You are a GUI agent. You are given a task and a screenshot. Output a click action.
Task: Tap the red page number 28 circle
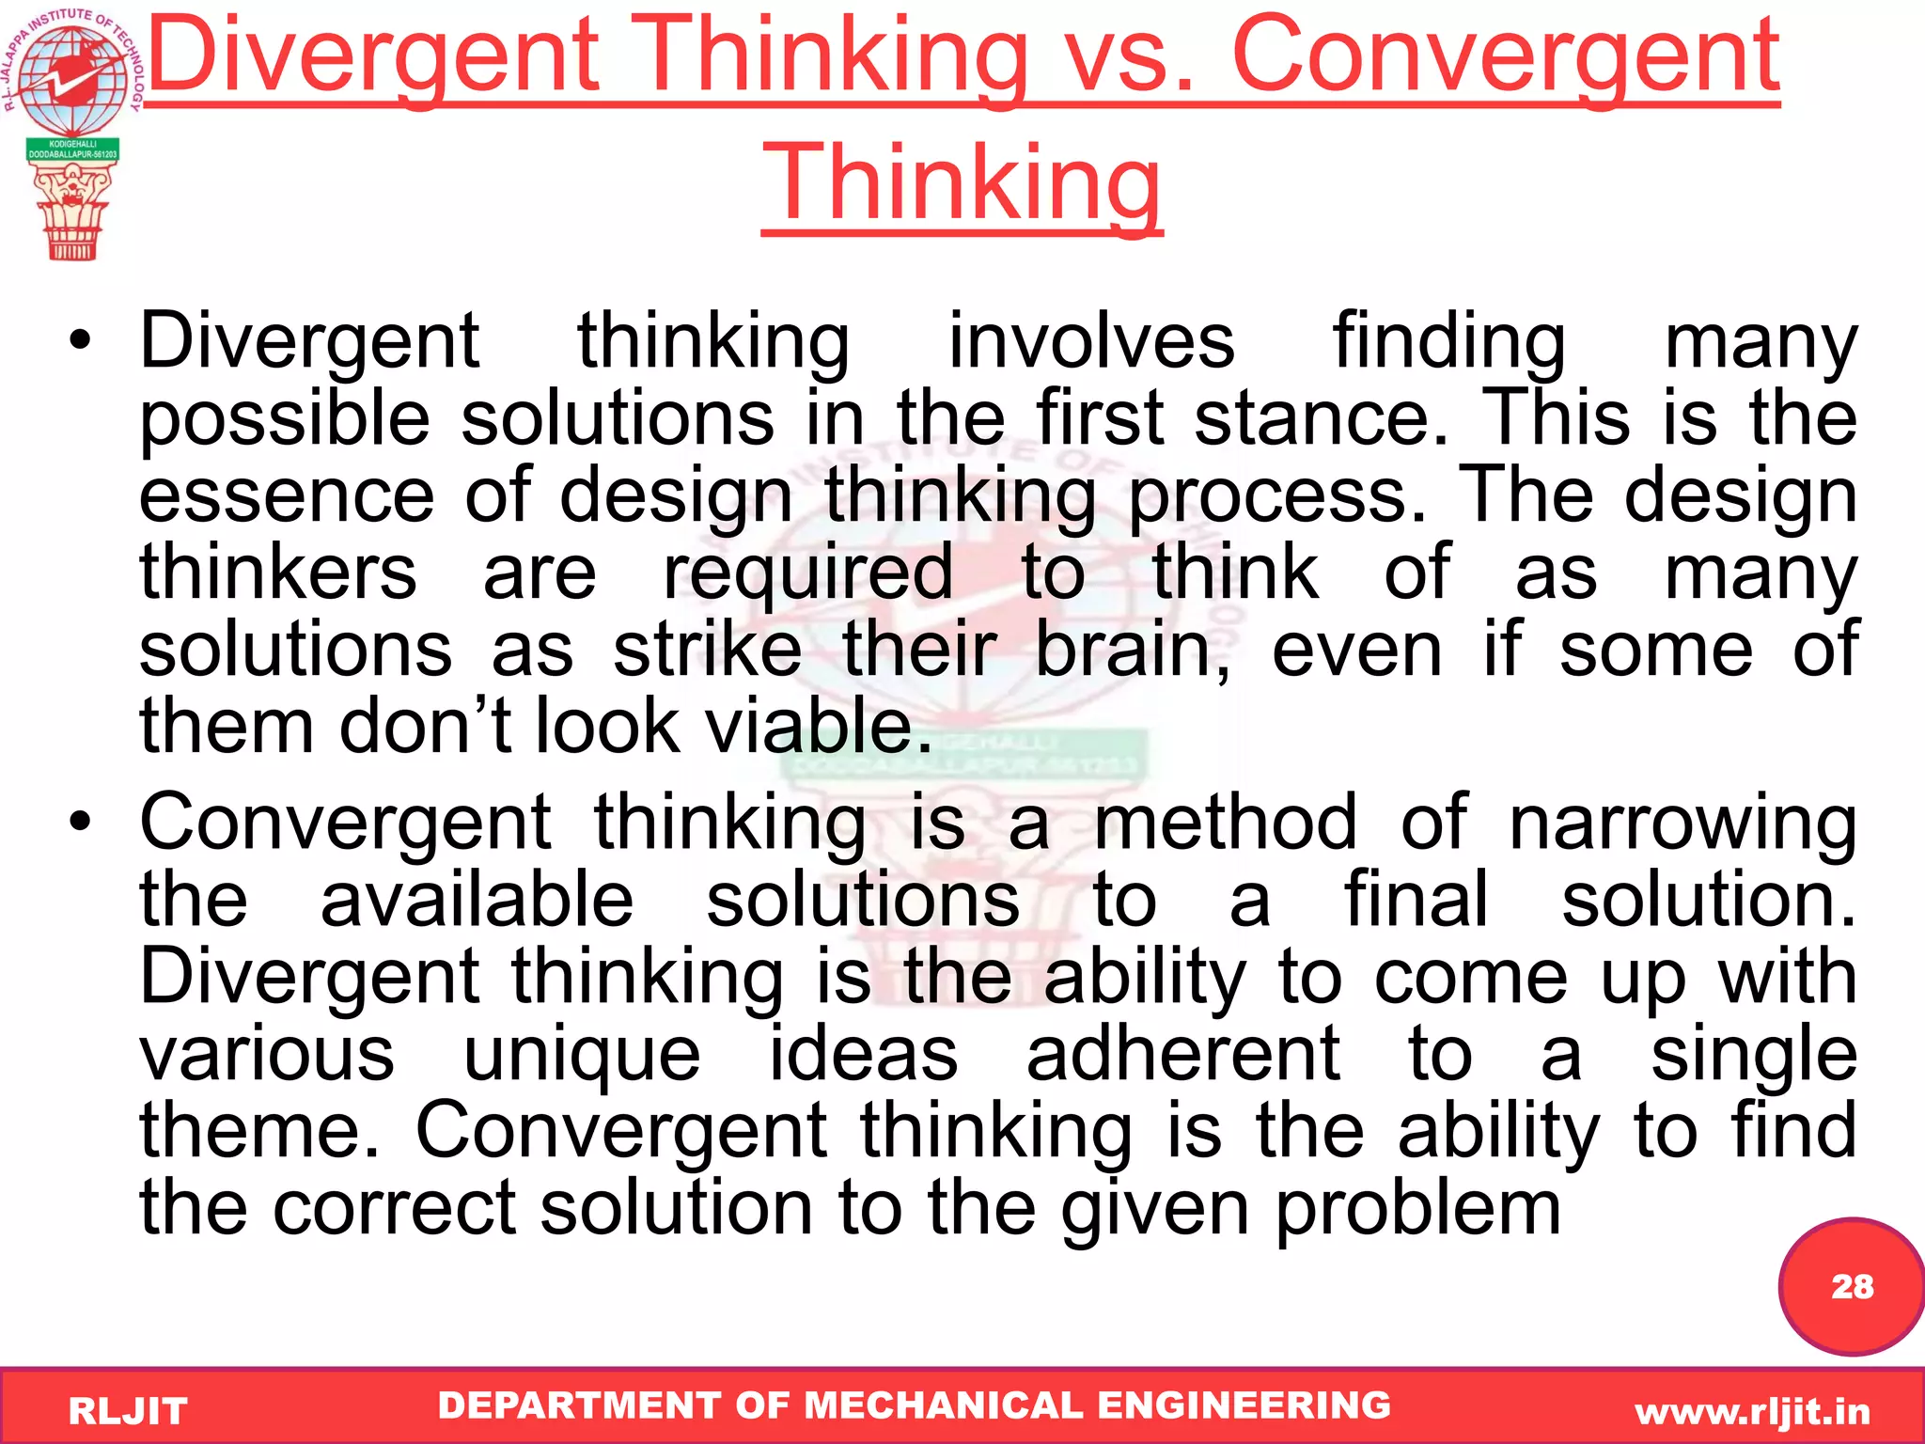click(1851, 1286)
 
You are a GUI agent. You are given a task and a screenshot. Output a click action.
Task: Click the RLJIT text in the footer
click(128, 1411)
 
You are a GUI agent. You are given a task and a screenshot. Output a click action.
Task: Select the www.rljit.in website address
click(1752, 1411)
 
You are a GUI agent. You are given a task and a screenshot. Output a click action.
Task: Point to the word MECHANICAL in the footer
click(944, 1405)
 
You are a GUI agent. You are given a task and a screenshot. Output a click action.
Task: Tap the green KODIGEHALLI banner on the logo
click(72, 149)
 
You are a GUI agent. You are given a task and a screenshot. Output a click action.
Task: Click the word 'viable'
click(818, 727)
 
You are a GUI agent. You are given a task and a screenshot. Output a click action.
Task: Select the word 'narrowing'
click(1682, 824)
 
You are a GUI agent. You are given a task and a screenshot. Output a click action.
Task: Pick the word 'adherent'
click(1182, 1054)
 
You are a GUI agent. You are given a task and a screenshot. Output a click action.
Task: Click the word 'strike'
click(707, 650)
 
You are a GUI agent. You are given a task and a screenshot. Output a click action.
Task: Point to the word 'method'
click(1226, 824)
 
